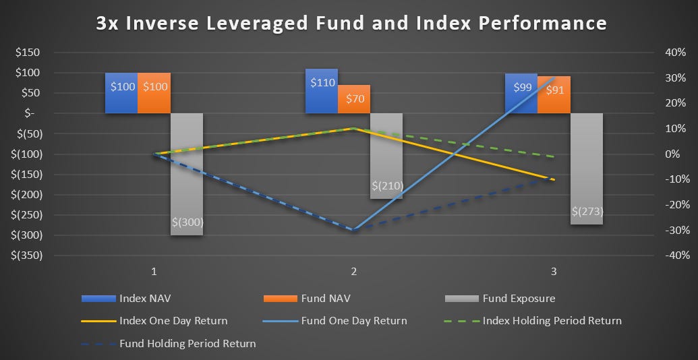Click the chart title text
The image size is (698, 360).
click(351, 23)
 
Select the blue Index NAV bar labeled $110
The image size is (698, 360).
click(321, 91)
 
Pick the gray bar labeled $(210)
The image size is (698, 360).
click(386, 156)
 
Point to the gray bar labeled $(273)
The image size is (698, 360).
click(587, 169)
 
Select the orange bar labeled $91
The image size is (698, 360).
click(554, 94)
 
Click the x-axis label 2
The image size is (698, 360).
click(353, 272)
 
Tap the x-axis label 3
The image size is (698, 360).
click(554, 272)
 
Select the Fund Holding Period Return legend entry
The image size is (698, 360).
click(187, 343)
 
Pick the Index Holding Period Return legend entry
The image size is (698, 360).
click(552, 320)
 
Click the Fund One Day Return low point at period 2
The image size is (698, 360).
click(353, 230)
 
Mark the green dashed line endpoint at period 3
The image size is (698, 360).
click(554, 156)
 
